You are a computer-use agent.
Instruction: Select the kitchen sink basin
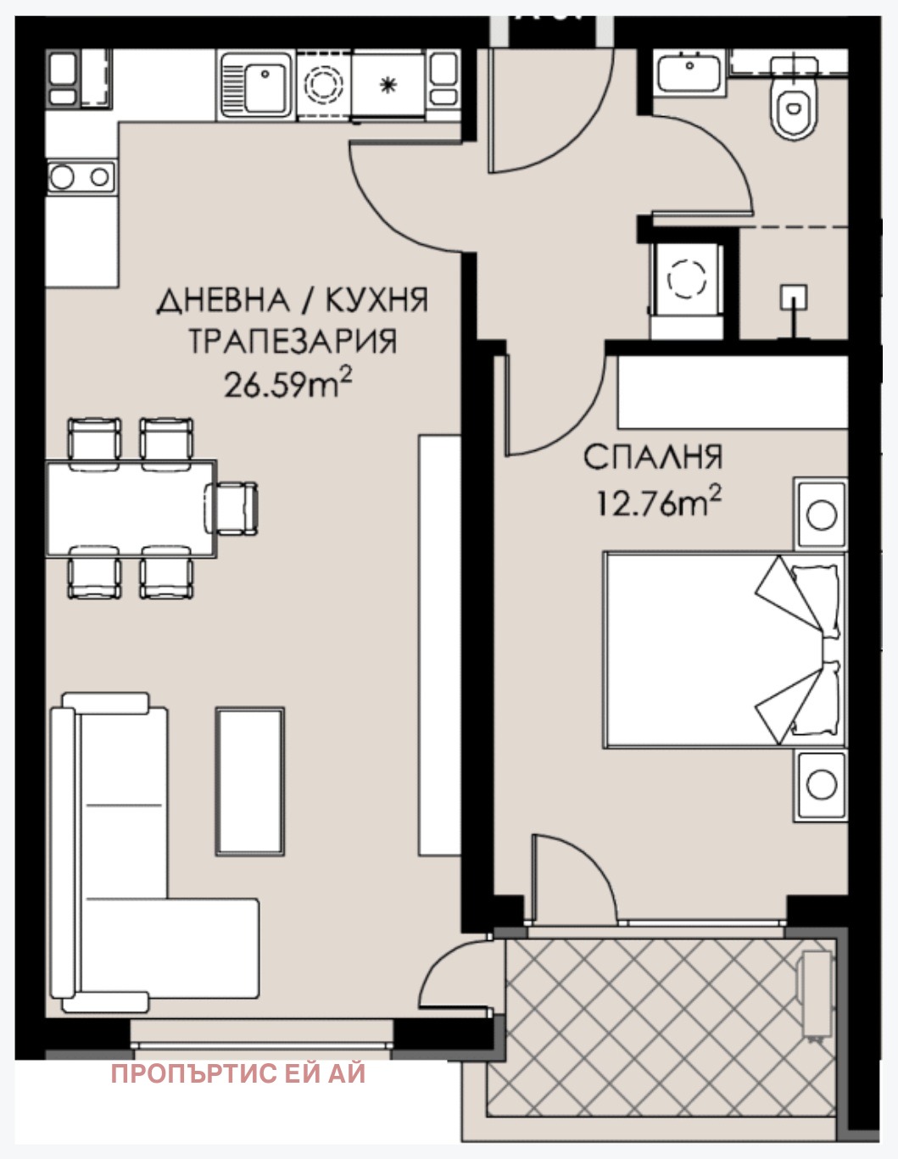pos(265,88)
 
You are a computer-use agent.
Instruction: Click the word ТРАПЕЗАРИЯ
pos(293,342)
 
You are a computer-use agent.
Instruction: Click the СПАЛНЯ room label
pos(653,457)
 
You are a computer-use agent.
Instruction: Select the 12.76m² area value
pos(658,503)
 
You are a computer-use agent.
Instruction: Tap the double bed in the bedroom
pos(724,650)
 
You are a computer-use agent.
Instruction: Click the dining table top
pos(131,509)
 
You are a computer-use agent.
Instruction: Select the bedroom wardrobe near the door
pos(732,392)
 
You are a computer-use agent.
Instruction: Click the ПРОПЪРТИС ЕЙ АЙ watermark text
pos(238,1073)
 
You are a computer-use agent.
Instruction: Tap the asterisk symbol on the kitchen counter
pos(388,84)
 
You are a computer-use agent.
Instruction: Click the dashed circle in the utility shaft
pos(687,279)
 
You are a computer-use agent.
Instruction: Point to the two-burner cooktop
pos(81,177)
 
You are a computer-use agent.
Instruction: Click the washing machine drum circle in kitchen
pos(324,84)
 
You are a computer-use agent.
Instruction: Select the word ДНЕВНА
pos(223,300)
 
